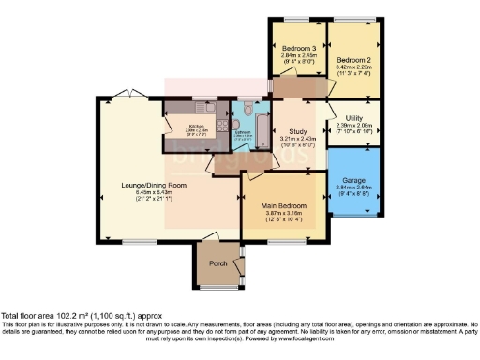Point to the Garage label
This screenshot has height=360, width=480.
click(354, 178)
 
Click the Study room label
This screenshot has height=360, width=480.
click(299, 132)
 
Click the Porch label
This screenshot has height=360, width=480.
click(217, 262)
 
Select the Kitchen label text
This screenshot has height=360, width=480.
click(197, 127)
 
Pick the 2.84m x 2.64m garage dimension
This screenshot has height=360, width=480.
click(354, 187)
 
